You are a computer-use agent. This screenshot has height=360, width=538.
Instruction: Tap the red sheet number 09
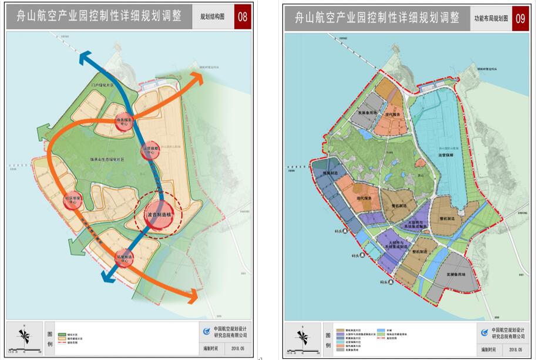(520, 19)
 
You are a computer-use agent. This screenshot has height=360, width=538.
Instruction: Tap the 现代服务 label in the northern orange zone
(393, 115)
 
